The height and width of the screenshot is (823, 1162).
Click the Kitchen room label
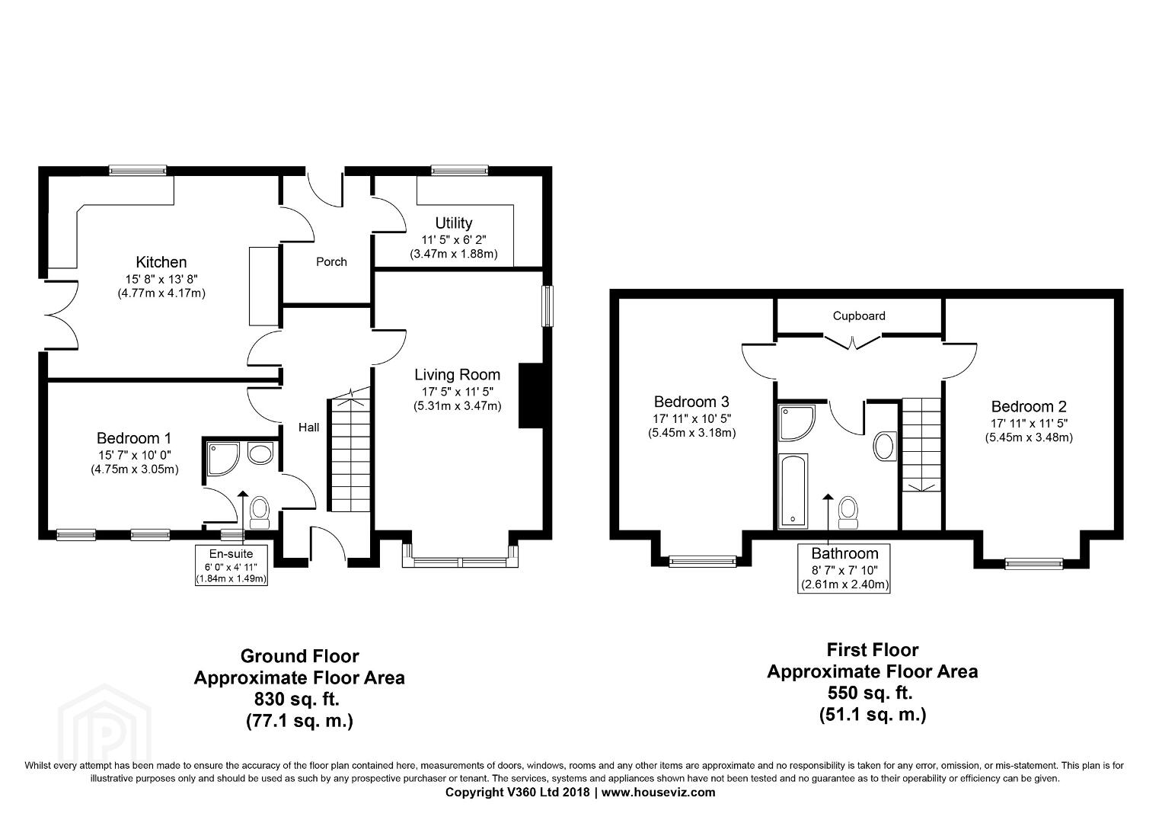pos(161,261)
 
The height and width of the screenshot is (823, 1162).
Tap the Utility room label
pos(453,223)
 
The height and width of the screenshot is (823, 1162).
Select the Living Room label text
pos(457,374)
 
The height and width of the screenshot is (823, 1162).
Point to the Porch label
pos(331,261)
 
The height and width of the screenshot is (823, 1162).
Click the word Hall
pos(308,428)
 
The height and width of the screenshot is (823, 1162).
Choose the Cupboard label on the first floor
pos(859,315)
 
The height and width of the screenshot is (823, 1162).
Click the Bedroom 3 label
pos(691,402)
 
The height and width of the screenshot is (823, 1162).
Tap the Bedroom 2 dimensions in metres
pos(1030,437)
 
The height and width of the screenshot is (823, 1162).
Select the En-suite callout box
pos(231,565)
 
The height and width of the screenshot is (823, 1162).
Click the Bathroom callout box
pos(844,568)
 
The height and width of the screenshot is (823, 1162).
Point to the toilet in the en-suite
pos(260,512)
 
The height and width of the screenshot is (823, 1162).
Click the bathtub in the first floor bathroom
pos(793,491)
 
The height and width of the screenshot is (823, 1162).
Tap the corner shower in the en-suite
pos(223,459)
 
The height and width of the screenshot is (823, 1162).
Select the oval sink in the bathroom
pos(884,446)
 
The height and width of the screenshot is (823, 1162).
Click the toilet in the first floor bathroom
pos(849,513)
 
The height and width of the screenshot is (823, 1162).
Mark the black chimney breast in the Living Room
pos(531,395)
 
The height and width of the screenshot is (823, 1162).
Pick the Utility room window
pos(460,170)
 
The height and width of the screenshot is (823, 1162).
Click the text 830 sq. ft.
pos(297,700)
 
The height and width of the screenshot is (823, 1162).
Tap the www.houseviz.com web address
pos(659,792)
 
